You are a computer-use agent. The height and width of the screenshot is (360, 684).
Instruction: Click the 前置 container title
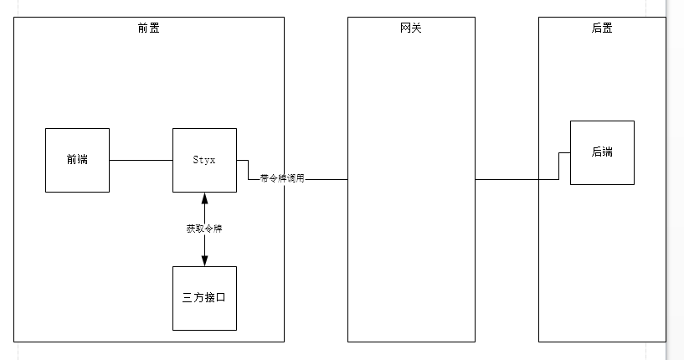(149, 28)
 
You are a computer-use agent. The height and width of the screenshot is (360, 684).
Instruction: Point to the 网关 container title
(411, 28)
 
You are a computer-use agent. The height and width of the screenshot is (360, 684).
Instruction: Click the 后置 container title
(601, 28)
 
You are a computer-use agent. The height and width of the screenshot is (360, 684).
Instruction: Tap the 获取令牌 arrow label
(204, 229)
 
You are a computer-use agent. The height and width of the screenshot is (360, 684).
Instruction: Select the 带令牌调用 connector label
(281, 178)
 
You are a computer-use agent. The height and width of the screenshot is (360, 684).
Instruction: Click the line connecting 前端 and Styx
(141, 160)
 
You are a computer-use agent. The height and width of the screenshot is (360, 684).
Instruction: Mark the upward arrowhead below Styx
(204, 198)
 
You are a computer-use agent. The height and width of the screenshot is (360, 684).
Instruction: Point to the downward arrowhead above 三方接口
(204, 260)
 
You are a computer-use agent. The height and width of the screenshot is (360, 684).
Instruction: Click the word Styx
(204, 160)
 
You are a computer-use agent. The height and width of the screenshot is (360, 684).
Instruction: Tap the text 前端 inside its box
(77, 160)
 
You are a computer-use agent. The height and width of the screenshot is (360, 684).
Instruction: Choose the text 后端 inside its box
(602, 152)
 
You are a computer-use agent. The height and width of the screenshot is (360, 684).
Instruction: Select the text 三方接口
(204, 298)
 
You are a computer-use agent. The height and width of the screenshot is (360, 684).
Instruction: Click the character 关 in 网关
(417, 28)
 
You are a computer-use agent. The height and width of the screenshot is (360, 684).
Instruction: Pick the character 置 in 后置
(607, 28)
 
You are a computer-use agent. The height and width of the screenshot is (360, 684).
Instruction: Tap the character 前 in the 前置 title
(143, 28)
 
